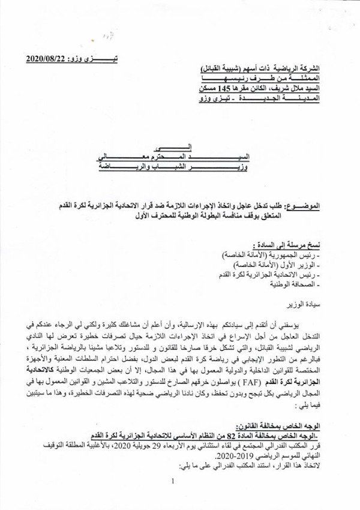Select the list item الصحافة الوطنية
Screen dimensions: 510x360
pos(303,284)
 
